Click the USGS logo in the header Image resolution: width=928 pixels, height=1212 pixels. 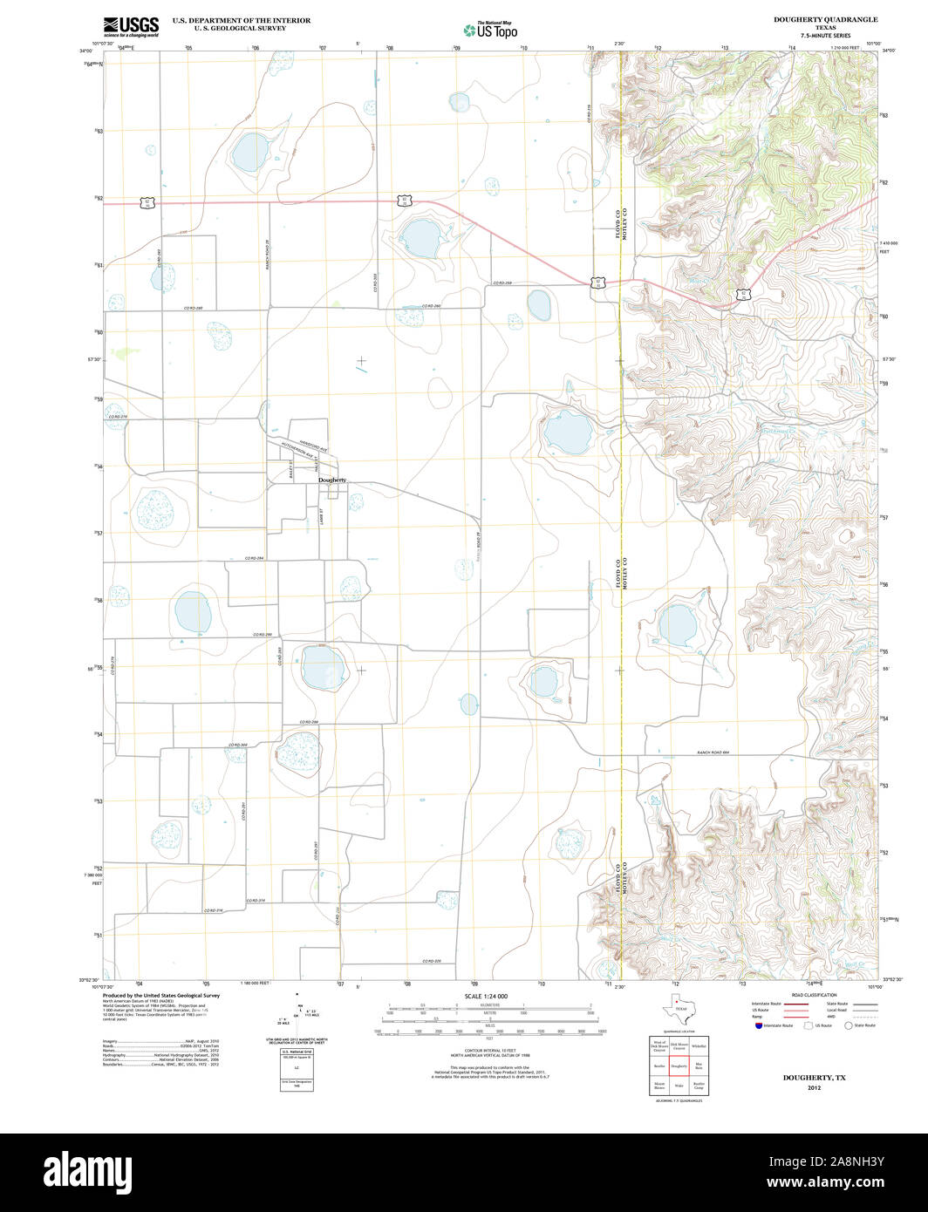pos(131,26)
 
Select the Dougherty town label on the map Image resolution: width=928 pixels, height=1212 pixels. pos(332,480)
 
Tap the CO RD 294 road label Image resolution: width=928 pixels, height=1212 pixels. pos(254,558)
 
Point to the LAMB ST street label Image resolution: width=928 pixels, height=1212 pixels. pos(322,516)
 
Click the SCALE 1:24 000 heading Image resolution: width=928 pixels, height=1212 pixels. pos(486,996)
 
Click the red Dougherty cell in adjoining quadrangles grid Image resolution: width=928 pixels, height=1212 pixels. pos(679,1066)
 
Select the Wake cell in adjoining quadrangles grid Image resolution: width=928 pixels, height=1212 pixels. pos(679,1086)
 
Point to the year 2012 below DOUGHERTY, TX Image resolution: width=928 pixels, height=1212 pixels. pos(814,1088)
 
